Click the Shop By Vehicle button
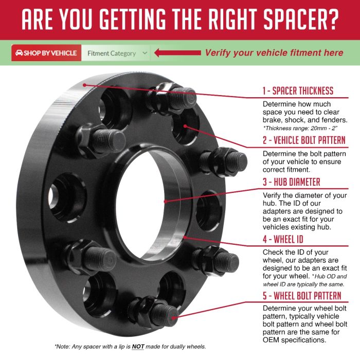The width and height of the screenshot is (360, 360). coord(46,53)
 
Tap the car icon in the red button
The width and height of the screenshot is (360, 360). coord(19,53)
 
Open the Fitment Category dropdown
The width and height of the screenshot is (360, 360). coord(116,53)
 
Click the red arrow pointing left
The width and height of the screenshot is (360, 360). coord(177,53)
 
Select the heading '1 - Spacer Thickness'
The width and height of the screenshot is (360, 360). coord(298,91)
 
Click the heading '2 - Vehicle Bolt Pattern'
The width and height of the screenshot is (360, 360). coord(304,140)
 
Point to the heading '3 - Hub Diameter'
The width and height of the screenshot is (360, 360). coord(292,182)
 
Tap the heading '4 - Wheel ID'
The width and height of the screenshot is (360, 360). coord(283,239)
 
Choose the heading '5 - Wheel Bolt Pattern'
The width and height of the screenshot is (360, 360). coord(302,296)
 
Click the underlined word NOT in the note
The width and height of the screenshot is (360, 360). coord(138,347)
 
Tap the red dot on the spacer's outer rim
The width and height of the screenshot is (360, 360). coord(84,85)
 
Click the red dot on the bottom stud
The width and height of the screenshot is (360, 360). coord(173,318)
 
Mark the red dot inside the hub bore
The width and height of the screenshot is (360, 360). coord(165,202)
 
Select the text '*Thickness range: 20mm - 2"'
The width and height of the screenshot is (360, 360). coord(300,128)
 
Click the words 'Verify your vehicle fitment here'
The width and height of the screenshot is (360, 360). coord(274,53)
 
